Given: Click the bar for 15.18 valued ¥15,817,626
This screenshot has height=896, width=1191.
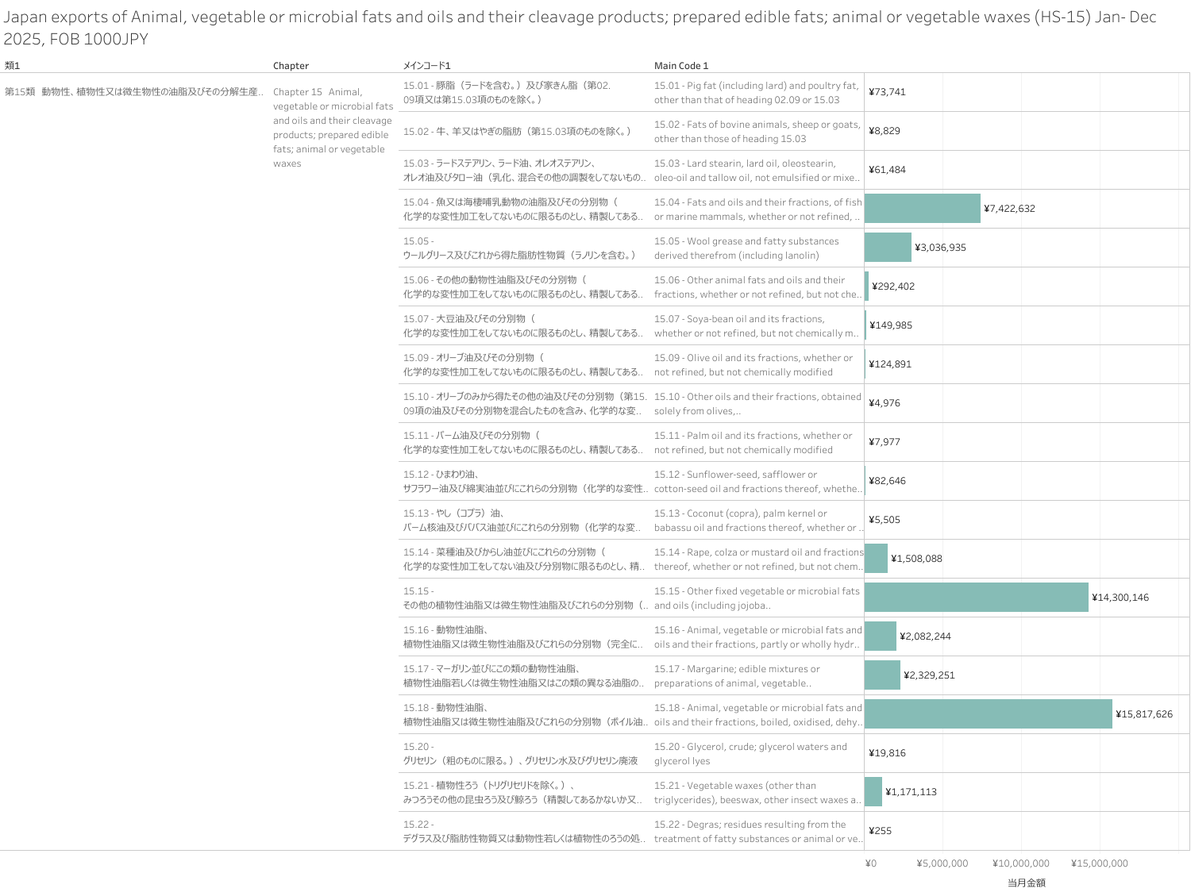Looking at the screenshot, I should coord(988,714).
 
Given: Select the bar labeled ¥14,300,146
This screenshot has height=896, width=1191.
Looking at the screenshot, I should coord(976,598).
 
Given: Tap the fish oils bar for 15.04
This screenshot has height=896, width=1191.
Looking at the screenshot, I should coord(922,209).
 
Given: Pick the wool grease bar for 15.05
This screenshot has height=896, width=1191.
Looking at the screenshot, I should coord(888,248).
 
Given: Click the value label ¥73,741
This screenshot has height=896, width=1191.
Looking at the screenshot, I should coord(887,92).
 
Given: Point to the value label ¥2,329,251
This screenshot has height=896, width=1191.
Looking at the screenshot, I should coord(929,675).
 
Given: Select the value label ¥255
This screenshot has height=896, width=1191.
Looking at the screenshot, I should coord(880,831).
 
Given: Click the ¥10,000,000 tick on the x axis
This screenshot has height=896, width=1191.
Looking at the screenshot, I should coord(1020,863).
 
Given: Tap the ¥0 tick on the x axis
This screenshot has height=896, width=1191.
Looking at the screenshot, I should coord(870,863).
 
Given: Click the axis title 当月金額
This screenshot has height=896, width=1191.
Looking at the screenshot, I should coord(1026,883).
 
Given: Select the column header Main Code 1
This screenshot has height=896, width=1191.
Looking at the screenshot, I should coord(680,66).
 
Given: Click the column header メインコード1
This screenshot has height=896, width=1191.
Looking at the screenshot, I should coord(426,66).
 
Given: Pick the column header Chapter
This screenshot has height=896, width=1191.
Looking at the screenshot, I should coord(291,66).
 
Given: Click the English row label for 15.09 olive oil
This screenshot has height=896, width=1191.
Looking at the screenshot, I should coord(753,365).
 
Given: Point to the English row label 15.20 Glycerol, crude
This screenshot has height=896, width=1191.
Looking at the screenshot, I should coord(750,754).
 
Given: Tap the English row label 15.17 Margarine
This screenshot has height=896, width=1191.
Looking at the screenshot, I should coord(736,676).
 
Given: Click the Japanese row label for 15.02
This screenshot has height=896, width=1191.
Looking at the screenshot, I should coord(516,131).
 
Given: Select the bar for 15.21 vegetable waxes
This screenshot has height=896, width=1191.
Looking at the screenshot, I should coord(873,792).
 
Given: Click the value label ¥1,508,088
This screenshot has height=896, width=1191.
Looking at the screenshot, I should coord(916,559).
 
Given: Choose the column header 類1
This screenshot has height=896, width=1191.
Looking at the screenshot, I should coord(12,66).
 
